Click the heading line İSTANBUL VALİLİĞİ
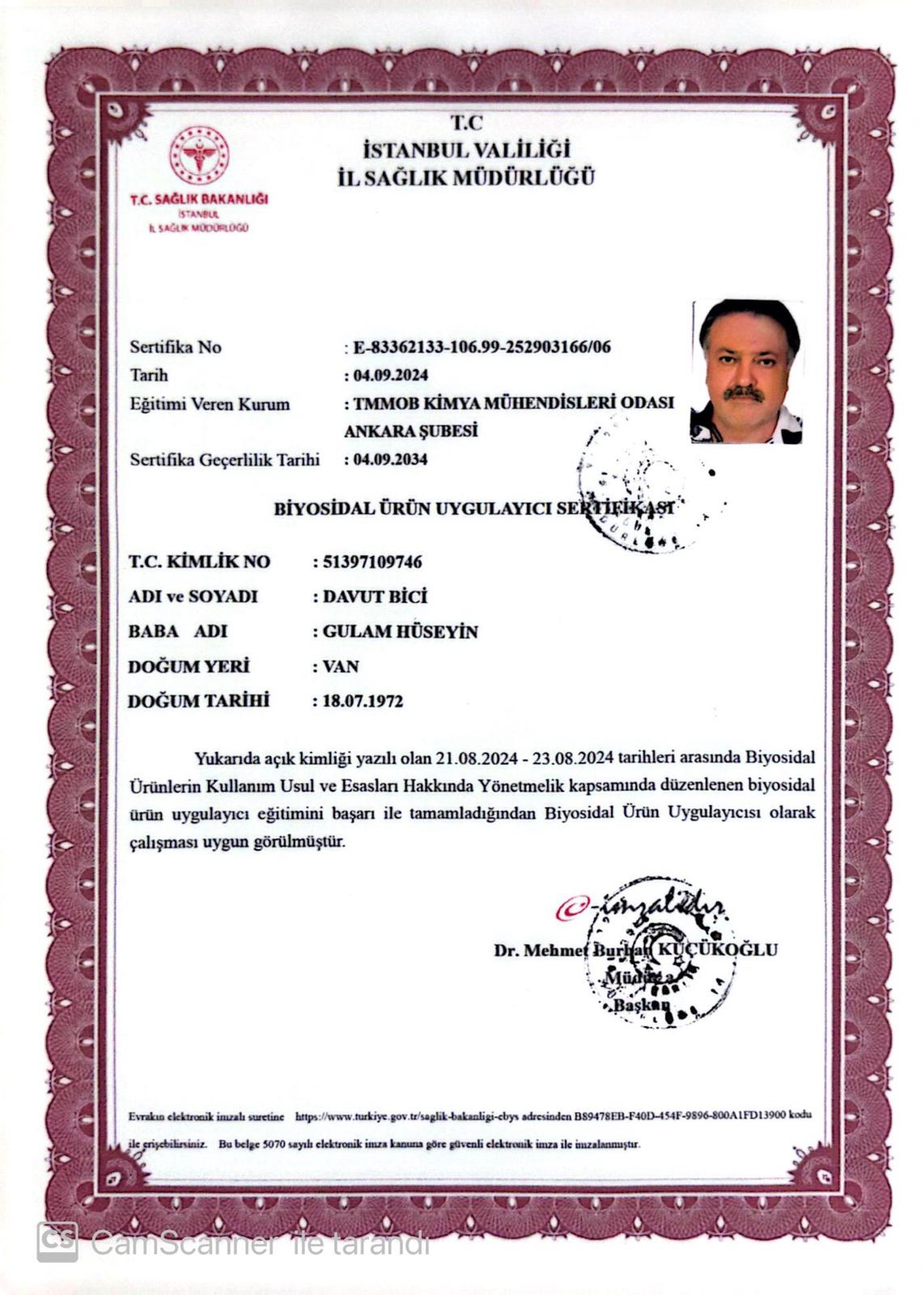466,150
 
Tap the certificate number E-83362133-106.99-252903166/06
482,348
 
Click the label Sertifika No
175,347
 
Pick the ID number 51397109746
371,562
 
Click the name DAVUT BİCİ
374,597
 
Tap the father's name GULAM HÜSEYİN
400,631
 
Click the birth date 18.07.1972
363,701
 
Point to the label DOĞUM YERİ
189,666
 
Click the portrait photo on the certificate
746,372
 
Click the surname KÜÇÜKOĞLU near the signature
715,949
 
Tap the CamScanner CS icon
57,1242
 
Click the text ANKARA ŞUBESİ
410,431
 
